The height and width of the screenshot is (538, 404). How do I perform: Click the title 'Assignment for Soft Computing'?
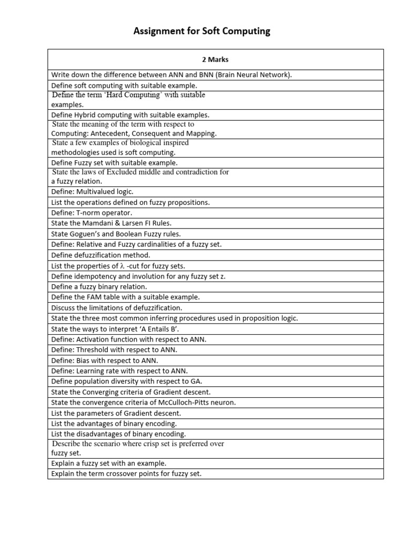click(202, 31)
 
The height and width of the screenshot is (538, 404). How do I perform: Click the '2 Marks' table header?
click(216, 59)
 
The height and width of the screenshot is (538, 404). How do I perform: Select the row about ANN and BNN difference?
click(171, 75)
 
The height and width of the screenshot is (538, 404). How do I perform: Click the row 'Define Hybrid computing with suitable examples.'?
click(130, 115)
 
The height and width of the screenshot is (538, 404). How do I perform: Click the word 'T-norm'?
click(86, 213)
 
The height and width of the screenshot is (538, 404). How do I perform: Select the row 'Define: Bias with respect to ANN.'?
click(105, 360)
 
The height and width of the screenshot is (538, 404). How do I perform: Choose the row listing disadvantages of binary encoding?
click(118, 434)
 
